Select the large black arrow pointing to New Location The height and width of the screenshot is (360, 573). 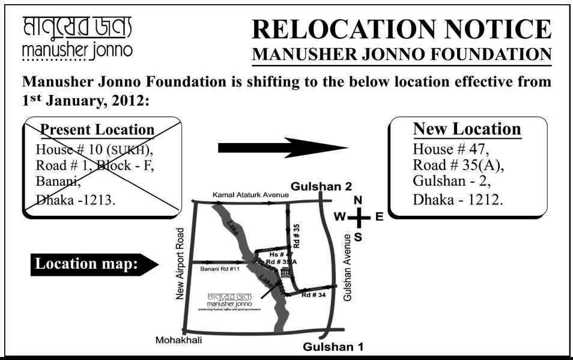coord(282,148)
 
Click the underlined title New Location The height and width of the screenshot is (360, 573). coord(467,129)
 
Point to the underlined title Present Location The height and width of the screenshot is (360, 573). coord(97,129)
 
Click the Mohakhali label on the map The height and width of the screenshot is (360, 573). coord(178,340)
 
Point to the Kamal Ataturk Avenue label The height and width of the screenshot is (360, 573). coord(250,195)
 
